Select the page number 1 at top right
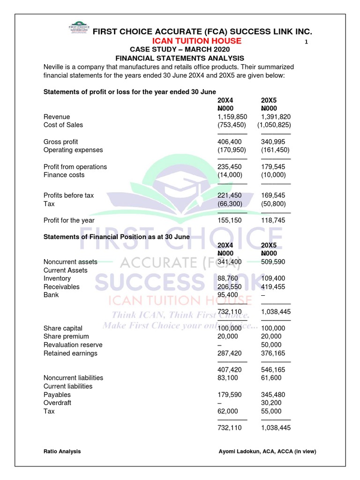click(x=306, y=43)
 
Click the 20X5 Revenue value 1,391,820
click(x=276, y=117)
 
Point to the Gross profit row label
click(x=61, y=142)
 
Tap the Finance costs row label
click(x=64, y=175)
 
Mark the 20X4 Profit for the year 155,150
click(x=230, y=220)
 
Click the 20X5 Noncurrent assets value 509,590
click(x=273, y=262)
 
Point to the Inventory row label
click(x=57, y=278)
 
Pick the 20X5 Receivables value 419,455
click(x=273, y=287)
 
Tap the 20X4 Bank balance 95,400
click(x=228, y=295)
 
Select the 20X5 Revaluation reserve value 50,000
click(x=271, y=345)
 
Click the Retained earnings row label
click(x=70, y=353)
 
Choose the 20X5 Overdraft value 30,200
click(x=271, y=403)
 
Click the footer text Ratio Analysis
click(x=62, y=451)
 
